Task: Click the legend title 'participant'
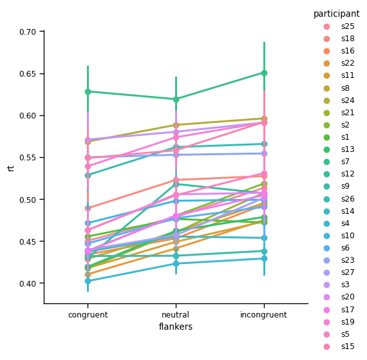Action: [x=336, y=14]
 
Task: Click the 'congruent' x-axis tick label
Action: [x=88, y=315]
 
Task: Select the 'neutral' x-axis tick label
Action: [x=176, y=315]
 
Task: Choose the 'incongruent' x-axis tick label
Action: [x=263, y=315]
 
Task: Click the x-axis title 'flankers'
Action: [x=176, y=327]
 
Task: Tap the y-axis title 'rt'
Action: [x=11, y=167]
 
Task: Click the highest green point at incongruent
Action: [x=263, y=73]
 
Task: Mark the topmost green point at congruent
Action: [x=88, y=91]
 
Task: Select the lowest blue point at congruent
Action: [x=88, y=281]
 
